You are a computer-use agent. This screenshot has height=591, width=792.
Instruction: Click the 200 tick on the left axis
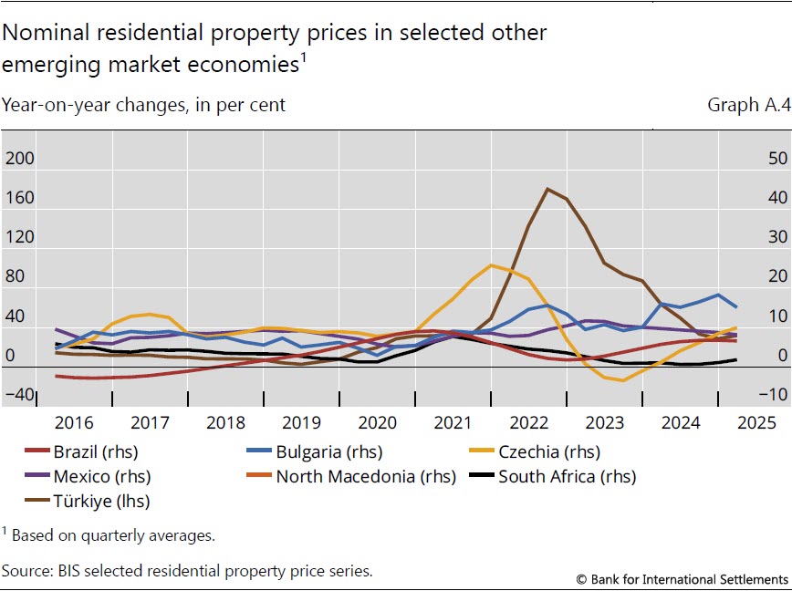(20, 159)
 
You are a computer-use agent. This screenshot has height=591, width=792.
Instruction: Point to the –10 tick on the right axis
(775, 394)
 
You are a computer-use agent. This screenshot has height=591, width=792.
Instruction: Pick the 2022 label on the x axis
(529, 422)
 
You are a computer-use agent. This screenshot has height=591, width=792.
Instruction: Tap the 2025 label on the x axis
(756, 422)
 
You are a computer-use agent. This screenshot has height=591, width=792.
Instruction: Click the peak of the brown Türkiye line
(547, 189)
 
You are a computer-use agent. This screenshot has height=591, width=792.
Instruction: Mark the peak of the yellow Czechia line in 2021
(491, 265)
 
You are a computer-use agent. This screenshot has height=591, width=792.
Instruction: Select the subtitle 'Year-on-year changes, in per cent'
(144, 105)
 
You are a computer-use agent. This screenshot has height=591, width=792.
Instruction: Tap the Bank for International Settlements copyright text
(683, 579)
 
